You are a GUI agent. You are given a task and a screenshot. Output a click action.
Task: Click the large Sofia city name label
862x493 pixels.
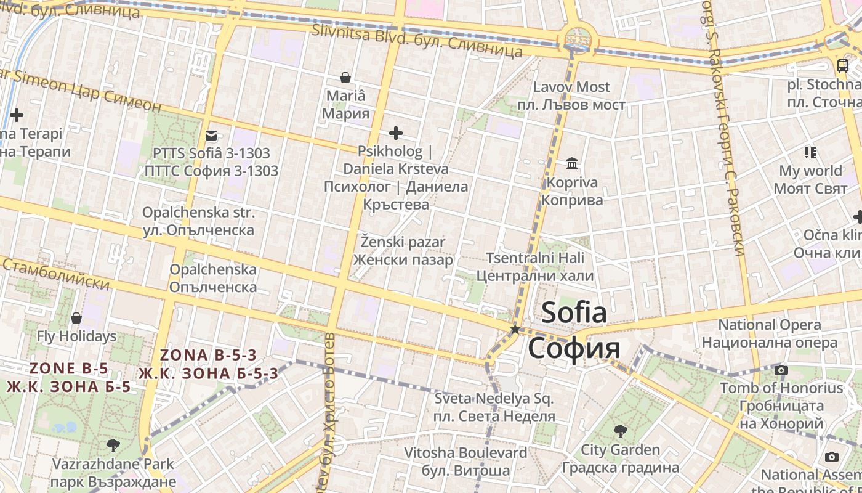tap(574, 331)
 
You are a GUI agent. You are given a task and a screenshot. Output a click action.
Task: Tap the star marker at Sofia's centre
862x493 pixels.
tap(515, 330)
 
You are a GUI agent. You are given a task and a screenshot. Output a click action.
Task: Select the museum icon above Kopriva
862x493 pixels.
tap(572, 164)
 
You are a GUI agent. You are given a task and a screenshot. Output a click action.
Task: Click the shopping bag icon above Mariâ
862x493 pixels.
tap(345, 78)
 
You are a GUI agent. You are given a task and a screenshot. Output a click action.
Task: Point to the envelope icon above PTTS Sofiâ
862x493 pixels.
tap(211, 135)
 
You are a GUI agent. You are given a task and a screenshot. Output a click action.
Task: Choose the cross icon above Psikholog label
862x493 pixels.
tap(396, 132)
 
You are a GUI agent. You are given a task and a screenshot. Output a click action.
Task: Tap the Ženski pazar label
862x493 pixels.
tap(403, 251)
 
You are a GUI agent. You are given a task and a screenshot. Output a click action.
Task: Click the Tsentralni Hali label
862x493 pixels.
tap(535, 266)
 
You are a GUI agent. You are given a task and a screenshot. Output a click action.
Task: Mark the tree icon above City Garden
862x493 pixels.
tap(620, 431)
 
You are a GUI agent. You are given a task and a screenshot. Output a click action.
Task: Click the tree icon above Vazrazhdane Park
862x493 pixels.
tap(113, 444)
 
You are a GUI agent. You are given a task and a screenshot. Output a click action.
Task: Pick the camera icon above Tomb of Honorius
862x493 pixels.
tap(781, 370)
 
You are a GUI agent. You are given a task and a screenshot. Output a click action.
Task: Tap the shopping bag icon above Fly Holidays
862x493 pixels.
tap(76, 318)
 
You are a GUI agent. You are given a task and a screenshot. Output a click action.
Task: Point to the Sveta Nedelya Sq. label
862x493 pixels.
tap(494, 407)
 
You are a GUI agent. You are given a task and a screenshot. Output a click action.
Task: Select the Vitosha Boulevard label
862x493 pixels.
tap(465, 462)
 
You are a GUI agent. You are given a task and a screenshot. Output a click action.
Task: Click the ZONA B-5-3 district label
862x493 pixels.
tap(208, 364)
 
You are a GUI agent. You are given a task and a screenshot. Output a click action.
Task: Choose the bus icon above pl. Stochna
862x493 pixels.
tap(842, 65)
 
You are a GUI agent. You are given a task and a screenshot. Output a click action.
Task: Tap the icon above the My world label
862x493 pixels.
tap(810, 152)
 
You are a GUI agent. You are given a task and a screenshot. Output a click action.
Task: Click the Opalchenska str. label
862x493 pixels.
tap(198, 221)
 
